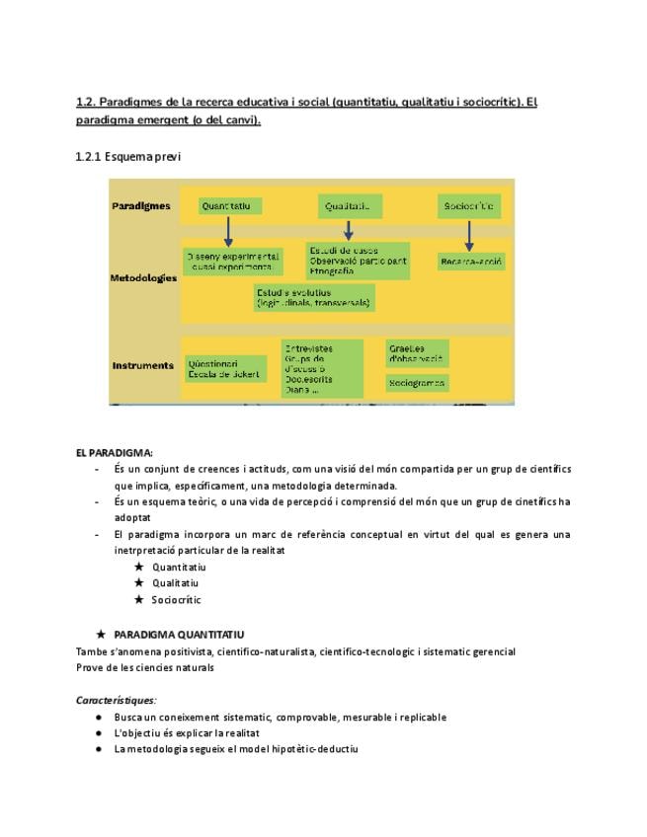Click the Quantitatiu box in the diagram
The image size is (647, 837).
point(231,206)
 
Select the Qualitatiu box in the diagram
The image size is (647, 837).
point(350,206)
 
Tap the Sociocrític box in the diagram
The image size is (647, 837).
point(469,206)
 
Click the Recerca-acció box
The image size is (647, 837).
point(471,263)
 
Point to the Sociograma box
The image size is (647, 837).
point(417,382)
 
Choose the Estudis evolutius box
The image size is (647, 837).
point(314,297)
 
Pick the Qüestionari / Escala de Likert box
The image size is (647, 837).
point(225,368)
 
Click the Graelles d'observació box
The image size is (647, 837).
point(417,353)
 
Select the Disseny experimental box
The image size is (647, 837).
point(232,261)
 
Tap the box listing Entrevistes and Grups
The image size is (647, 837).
point(321,368)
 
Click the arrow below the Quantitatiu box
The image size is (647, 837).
point(228,232)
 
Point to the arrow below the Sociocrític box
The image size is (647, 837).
point(469,236)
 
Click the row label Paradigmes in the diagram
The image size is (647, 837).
point(141,206)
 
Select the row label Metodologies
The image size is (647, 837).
point(143,277)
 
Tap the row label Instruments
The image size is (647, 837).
point(142,365)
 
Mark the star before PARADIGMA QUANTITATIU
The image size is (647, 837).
point(101,634)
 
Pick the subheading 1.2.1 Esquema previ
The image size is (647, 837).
point(127,156)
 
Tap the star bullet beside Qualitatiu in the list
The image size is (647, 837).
point(139,582)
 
